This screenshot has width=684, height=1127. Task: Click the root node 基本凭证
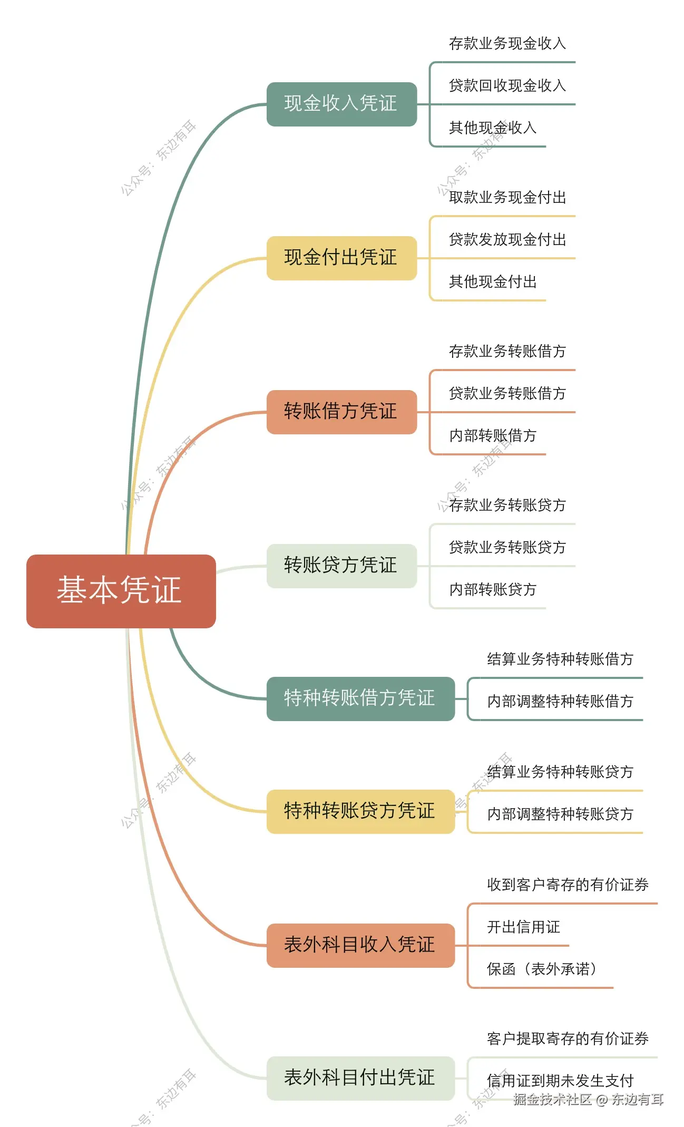pos(121,590)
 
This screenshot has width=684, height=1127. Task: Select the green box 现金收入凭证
pos(341,104)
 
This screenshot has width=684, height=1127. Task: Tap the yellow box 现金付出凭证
pos(341,258)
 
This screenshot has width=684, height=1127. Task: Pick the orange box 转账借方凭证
pos(341,412)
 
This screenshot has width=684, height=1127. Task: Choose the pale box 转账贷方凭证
pos(341,566)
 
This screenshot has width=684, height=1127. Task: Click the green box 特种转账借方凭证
pos(360,698)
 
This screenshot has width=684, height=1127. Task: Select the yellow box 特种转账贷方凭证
pos(360,811)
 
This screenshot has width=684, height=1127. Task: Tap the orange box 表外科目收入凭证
pos(360,945)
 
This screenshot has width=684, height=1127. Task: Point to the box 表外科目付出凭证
pos(360,1078)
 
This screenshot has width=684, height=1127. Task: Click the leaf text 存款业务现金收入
pos(507,43)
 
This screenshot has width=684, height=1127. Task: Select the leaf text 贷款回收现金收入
pos(507,85)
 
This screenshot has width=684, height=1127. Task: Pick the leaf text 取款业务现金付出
pos(507,197)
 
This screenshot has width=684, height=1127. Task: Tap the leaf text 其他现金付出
pos(492,281)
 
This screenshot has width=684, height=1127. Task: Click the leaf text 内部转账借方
pos(492,435)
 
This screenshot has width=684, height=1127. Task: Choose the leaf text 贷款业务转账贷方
pos(507,547)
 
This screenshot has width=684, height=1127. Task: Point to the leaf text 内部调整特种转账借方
pos(560,701)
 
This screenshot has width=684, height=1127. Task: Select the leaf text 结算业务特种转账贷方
pos(560,772)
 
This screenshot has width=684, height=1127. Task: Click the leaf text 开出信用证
pos(523,927)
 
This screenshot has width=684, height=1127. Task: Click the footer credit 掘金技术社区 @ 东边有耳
pos(588,1100)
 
